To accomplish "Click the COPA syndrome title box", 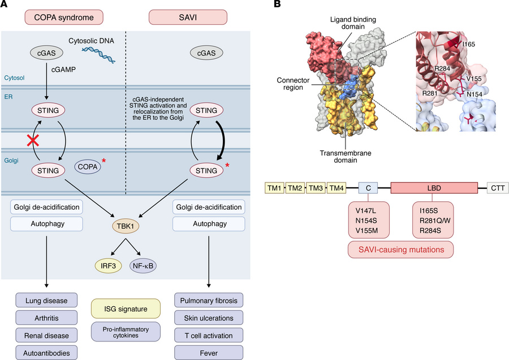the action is [64, 17].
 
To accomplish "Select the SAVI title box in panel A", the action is [188, 17].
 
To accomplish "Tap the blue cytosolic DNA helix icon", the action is [98, 54].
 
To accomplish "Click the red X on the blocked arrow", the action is [33, 140].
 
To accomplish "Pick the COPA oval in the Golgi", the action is [88, 167].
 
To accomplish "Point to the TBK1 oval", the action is [126, 226].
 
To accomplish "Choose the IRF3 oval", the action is [109, 266].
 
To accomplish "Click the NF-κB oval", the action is [143, 266].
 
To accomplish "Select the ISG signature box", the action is [126, 309].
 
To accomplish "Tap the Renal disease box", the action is [46, 336].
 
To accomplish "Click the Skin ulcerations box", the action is [209, 318].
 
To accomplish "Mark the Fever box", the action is [209, 353].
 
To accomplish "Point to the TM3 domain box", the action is [316, 188].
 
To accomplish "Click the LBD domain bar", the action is [434, 188].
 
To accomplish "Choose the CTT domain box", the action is [498, 188].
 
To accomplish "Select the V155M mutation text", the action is [367, 231].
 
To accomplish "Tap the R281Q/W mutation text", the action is [435, 221].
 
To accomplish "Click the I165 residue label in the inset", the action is [468, 44].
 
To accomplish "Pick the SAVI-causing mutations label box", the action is [401, 250].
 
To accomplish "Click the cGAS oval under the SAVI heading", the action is [206, 53].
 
